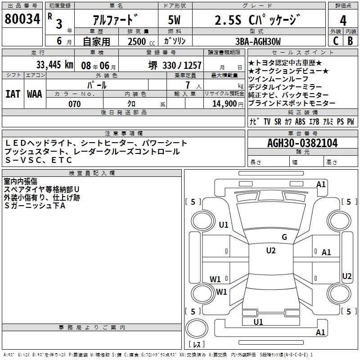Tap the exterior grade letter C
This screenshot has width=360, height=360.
335,40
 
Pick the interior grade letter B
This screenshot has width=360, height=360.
351,40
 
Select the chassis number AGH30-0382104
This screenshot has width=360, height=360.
302,143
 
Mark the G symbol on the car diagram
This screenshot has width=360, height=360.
284,237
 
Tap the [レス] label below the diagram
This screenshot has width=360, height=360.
196,345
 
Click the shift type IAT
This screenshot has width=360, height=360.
13,94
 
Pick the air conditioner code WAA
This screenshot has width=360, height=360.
34,94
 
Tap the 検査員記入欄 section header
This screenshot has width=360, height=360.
92,173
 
